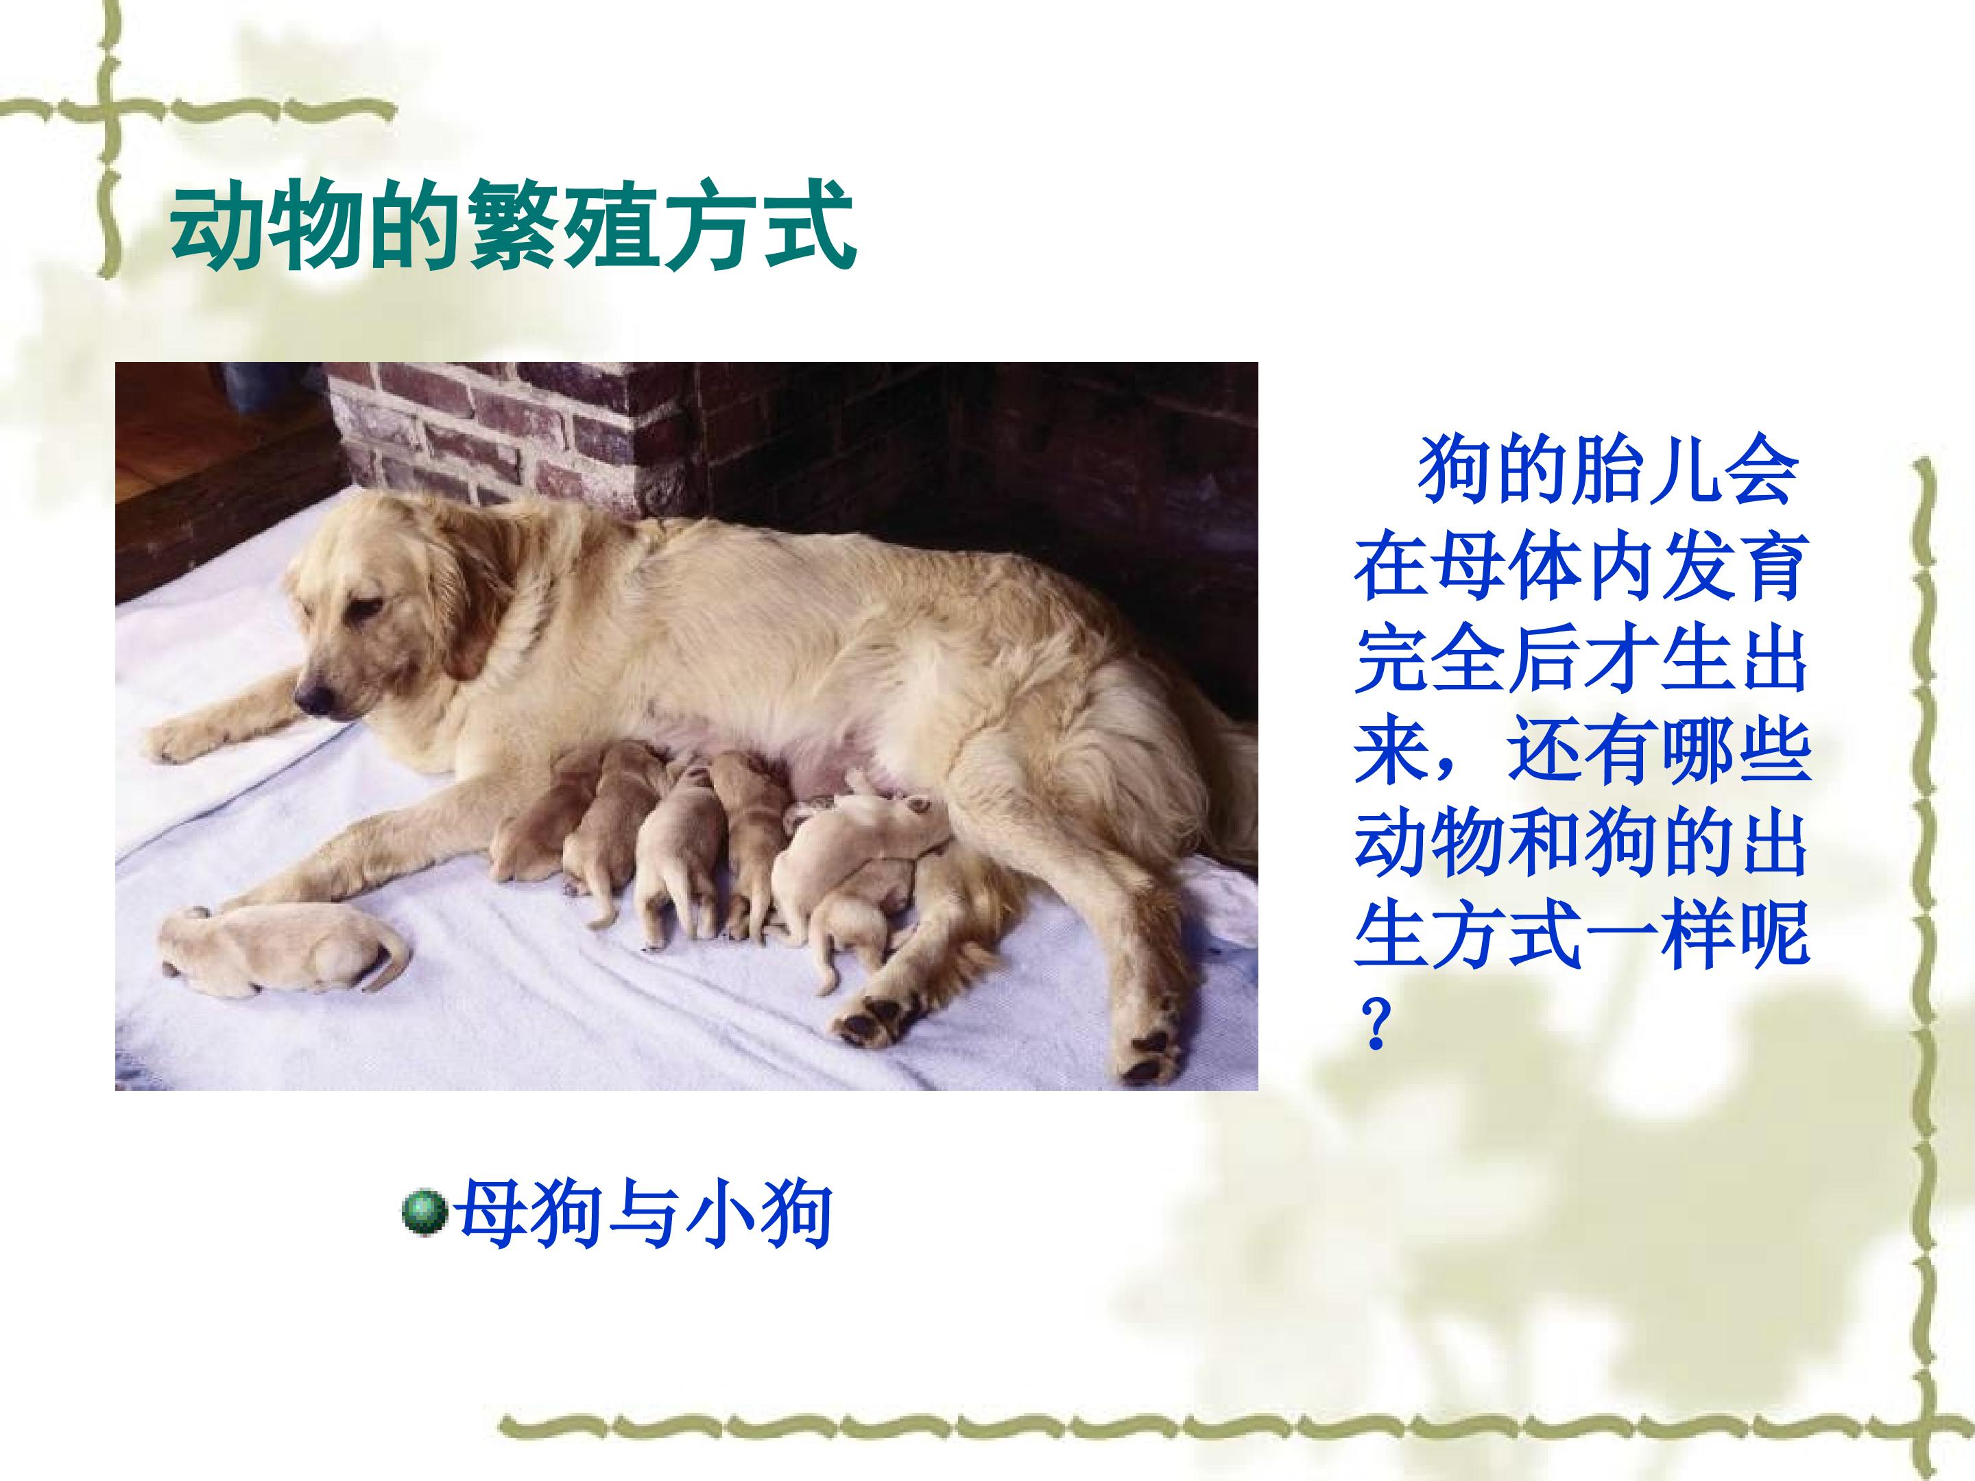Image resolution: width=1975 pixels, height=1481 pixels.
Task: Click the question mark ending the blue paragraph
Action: click(x=1375, y=1023)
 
